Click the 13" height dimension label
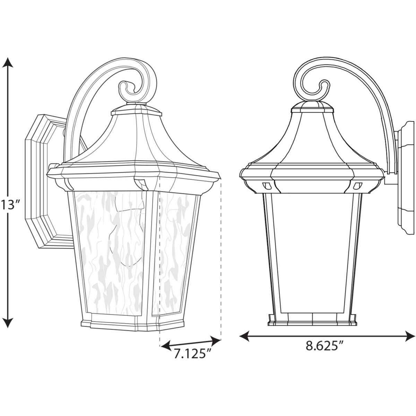click(9, 205)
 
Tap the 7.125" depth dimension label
click(193, 354)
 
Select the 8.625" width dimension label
click(324, 346)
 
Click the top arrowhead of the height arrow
click(9, 62)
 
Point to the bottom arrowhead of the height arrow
click(9, 324)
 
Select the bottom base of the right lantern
click(312, 320)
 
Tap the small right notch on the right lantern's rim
click(355, 186)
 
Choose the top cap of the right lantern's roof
click(312, 108)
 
